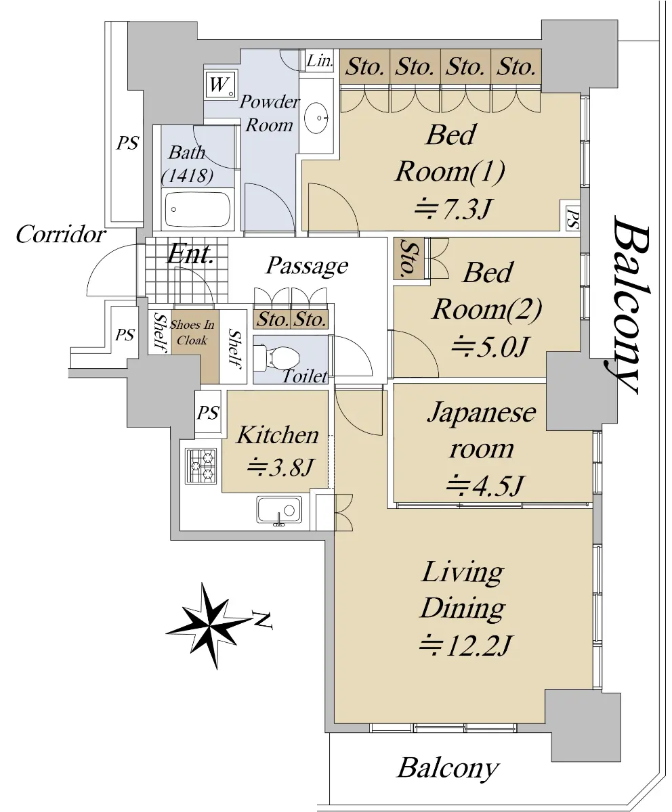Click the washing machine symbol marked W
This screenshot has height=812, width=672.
[x=221, y=85]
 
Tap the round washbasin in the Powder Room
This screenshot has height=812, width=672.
[x=316, y=118]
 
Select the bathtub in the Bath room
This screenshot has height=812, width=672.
[x=198, y=209]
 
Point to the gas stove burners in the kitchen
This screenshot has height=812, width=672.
[x=201, y=466]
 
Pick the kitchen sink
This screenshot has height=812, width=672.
[x=279, y=510]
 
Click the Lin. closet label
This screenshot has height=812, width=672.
[x=320, y=61]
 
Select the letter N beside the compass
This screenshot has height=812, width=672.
[x=262, y=621]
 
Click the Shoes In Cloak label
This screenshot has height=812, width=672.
[x=192, y=332]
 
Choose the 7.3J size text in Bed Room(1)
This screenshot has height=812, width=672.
[x=452, y=209]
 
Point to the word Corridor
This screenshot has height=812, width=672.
[x=61, y=235]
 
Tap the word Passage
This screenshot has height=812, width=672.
[x=307, y=267]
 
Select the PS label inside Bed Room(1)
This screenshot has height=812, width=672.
[x=572, y=219]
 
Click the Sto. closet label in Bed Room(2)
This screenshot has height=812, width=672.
[x=408, y=258]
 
